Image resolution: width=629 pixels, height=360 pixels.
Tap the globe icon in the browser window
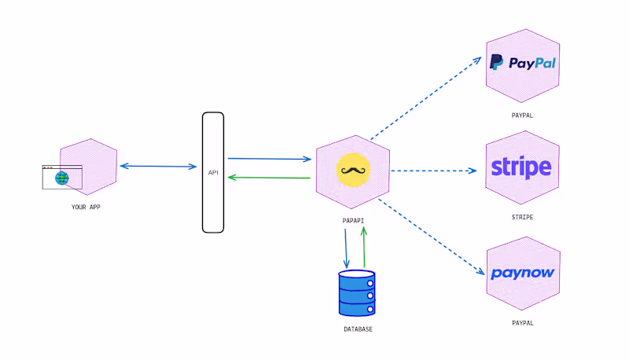(x=62, y=178)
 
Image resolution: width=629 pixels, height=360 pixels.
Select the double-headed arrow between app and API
(x=158, y=166)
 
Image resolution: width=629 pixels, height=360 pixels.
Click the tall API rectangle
(x=212, y=172)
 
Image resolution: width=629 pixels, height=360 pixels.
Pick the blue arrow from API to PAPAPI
(x=269, y=158)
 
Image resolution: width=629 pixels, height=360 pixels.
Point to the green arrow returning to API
(x=269, y=178)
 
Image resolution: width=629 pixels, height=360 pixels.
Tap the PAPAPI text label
(x=353, y=221)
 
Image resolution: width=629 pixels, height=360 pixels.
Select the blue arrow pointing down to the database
(x=345, y=248)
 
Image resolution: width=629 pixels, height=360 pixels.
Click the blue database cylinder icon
(x=356, y=292)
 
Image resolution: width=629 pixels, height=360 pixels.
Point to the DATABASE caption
(x=358, y=329)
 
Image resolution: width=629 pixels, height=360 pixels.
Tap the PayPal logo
(x=522, y=63)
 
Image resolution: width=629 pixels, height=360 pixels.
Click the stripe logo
(x=522, y=167)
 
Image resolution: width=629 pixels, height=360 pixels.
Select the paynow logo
(x=522, y=274)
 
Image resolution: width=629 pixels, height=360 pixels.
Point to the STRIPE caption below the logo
(x=522, y=216)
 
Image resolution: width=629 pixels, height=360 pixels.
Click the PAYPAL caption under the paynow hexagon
(x=522, y=322)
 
